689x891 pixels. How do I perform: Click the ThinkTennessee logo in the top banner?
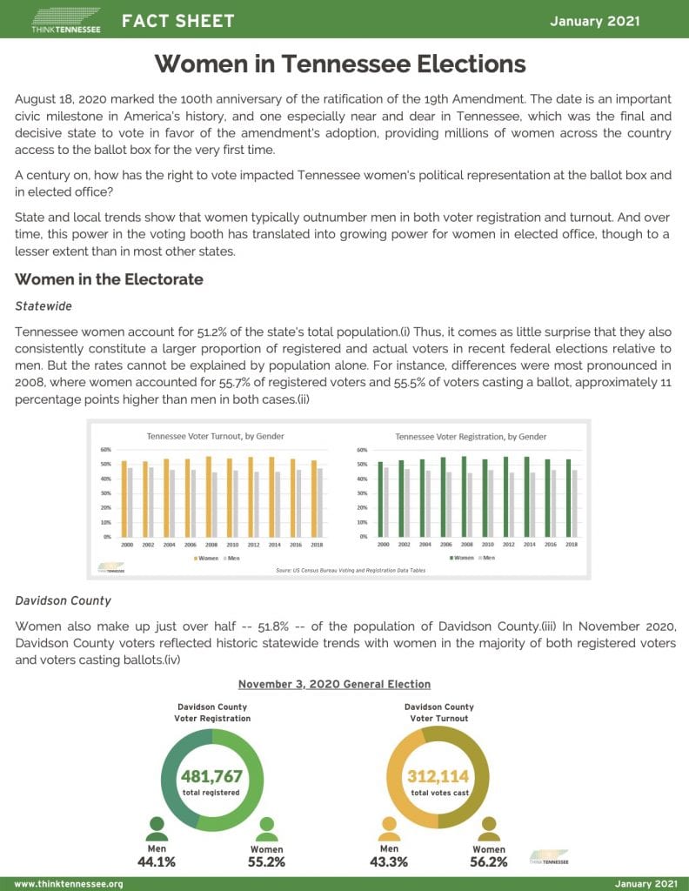(x=66, y=20)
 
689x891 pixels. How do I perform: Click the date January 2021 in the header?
(x=594, y=21)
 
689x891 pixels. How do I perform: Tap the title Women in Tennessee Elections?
(x=340, y=64)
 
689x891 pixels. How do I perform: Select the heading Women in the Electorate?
(x=109, y=279)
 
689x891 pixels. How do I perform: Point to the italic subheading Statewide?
(x=43, y=306)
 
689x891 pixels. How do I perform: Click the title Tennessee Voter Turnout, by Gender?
(x=215, y=436)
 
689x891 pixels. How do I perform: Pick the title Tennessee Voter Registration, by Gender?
(x=471, y=436)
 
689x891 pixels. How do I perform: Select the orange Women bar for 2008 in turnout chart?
(x=208, y=496)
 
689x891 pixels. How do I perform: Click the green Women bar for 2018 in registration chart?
(x=568, y=498)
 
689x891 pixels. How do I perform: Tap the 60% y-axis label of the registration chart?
(x=362, y=450)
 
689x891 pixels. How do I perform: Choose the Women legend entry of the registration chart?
(x=461, y=557)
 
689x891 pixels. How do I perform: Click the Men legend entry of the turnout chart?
(x=231, y=557)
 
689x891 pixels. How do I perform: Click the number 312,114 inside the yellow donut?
(x=438, y=776)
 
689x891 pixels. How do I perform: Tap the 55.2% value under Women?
(x=266, y=862)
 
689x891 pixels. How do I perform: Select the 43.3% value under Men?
(x=389, y=862)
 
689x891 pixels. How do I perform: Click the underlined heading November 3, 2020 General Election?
(x=334, y=685)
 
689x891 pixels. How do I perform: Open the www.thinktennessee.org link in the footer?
(x=69, y=884)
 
